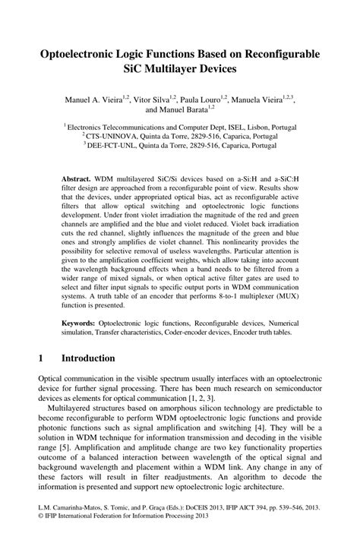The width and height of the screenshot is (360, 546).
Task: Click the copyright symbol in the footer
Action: [x=40, y=535]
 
